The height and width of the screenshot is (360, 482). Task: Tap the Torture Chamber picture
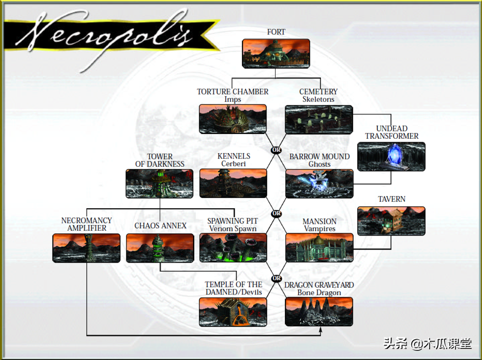pyautogui.click(x=233, y=119)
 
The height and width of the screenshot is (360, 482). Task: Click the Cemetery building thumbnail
pyautogui.click(x=319, y=119)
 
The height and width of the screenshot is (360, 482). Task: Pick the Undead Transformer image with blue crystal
pyautogui.click(x=391, y=156)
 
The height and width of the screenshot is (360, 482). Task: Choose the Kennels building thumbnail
pyautogui.click(x=233, y=183)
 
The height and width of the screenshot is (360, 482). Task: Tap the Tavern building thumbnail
pyautogui.click(x=391, y=221)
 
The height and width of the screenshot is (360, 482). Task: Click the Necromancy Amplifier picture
pyautogui.click(x=86, y=248)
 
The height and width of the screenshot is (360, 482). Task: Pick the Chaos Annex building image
pyautogui.click(x=160, y=248)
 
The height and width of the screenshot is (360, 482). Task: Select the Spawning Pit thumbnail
pyautogui.click(x=233, y=248)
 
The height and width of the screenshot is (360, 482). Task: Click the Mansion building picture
pyautogui.click(x=319, y=248)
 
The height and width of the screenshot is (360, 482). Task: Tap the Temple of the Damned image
pyautogui.click(x=233, y=312)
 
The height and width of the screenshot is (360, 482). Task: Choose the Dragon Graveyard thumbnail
pyautogui.click(x=319, y=312)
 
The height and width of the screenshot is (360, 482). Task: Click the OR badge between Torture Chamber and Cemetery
pyautogui.click(x=276, y=150)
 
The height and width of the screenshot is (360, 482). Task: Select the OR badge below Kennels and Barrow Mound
pyautogui.click(x=276, y=213)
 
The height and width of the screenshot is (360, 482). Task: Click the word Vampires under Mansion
pyautogui.click(x=319, y=229)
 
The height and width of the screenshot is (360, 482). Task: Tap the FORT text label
pyautogui.click(x=276, y=32)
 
